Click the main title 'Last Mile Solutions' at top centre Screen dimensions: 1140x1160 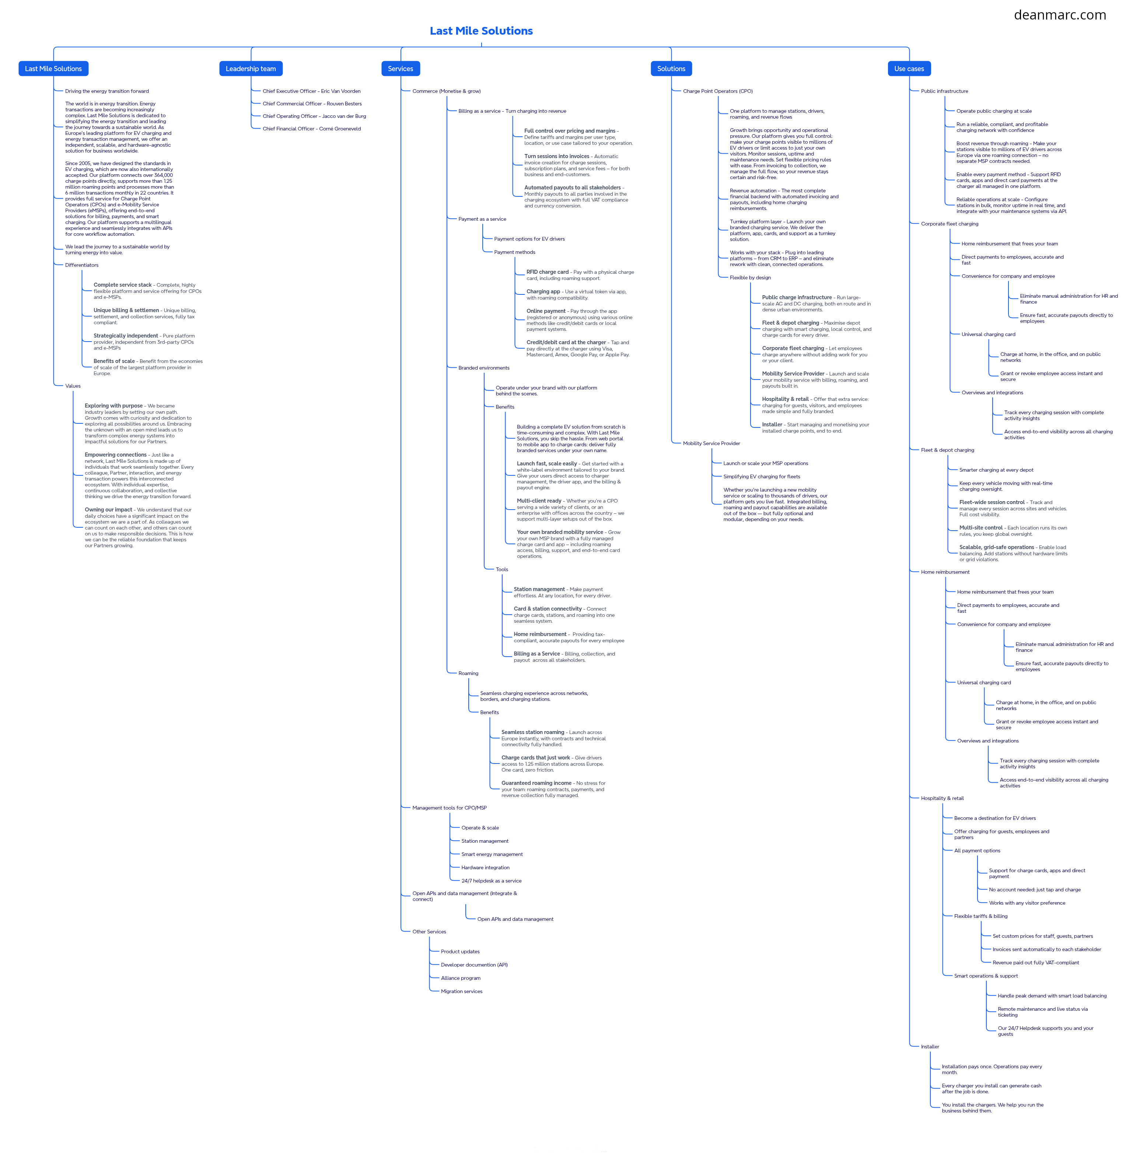[481, 31]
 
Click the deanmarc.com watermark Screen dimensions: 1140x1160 [1060, 15]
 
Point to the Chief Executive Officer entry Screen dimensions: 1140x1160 [311, 91]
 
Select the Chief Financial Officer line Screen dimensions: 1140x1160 [311, 129]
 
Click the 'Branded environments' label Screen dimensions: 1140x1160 [484, 368]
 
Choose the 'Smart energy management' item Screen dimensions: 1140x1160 [492, 854]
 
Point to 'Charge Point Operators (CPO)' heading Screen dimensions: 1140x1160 [717, 91]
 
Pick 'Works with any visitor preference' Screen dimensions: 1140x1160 [1027, 902]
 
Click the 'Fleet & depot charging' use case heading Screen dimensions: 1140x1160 [947, 450]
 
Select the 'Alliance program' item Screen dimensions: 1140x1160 [461, 978]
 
